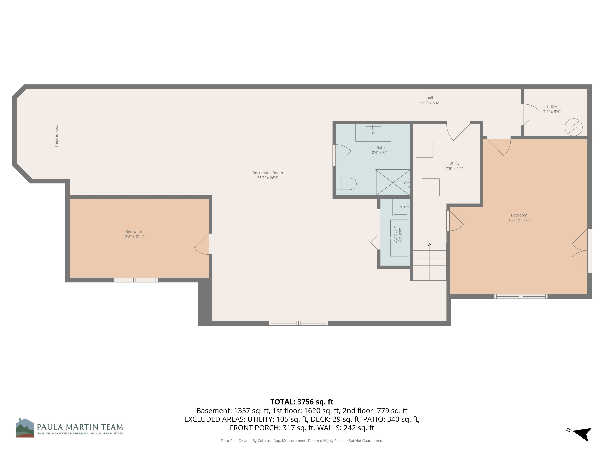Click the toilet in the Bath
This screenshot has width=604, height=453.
pos(346,184)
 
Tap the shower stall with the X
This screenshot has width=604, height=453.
pos(393,182)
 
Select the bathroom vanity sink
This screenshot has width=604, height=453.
pos(373,133)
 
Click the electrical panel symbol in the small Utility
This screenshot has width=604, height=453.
pos(573,127)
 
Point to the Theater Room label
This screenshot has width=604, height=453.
pos(57,135)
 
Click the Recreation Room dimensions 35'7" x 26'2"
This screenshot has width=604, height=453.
pos(268,178)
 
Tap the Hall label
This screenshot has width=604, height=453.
pos(429,98)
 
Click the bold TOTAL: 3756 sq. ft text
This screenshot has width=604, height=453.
pos(302,402)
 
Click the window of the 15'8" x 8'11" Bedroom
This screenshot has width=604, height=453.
pos(136,280)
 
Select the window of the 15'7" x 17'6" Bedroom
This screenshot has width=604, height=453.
pos(521,296)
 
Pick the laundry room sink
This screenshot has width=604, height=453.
pos(401,207)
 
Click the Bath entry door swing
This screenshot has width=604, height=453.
pos(342,155)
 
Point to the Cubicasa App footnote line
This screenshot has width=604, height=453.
pos(302,441)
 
